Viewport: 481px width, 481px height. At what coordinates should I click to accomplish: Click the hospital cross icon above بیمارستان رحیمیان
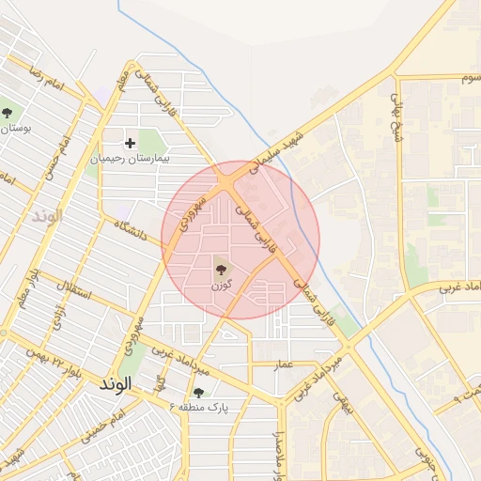tap(131, 143)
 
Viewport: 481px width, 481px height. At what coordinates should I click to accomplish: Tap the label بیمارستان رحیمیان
tap(132, 159)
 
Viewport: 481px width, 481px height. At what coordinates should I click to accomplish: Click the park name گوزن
tap(221, 284)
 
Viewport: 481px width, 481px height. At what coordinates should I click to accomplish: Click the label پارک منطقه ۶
tap(199, 407)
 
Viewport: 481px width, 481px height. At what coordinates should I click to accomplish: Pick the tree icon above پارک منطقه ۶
tap(198, 393)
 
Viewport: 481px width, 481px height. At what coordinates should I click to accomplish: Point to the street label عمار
tap(284, 363)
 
